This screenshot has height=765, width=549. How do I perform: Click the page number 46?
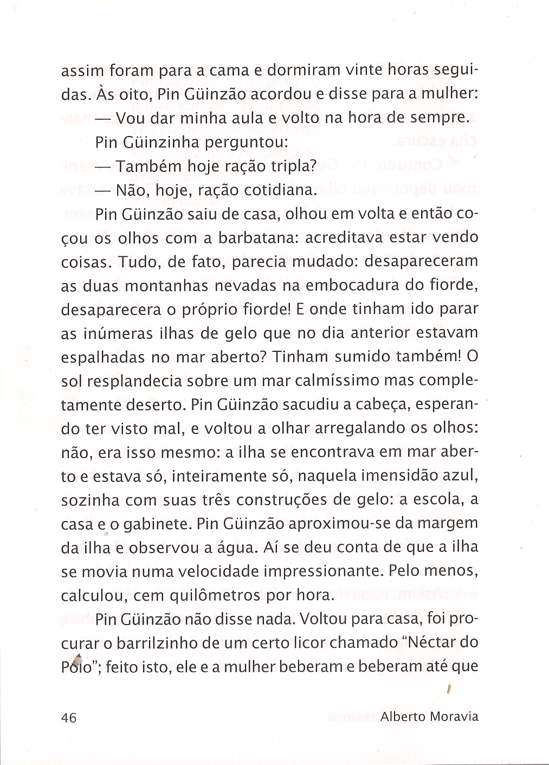(x=69, y=717)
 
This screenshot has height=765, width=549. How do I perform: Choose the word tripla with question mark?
(x=289, y=166)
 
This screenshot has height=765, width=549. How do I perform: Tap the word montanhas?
(x=172, y=286)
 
